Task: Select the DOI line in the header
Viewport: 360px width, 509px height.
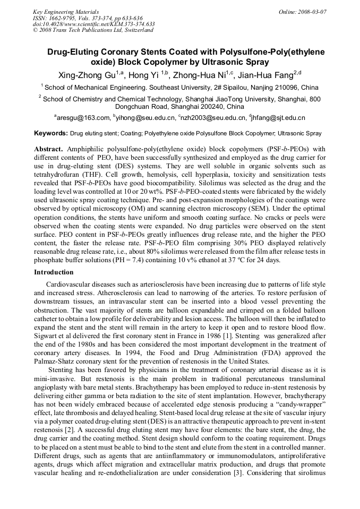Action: (x=93, y=24)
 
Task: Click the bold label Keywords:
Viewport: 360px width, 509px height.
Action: (x=50, y=133)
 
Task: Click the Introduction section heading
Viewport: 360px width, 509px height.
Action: (x=54, y=272)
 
